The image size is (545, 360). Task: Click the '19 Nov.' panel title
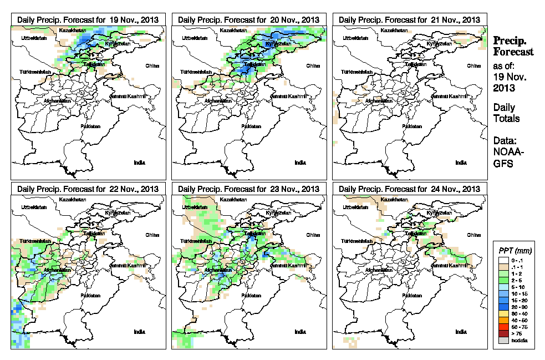[88, 19]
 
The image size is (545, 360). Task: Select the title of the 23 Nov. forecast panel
[249, 189]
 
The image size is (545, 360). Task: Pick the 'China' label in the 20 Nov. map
[313, 65]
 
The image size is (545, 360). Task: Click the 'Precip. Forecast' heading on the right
[513, 46]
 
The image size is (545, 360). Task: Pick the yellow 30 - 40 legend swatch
[503, 313]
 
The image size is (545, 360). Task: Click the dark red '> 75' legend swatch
[503, 333]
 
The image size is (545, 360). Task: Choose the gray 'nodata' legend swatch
[503, 340]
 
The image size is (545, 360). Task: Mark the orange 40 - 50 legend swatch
[503, 320]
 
